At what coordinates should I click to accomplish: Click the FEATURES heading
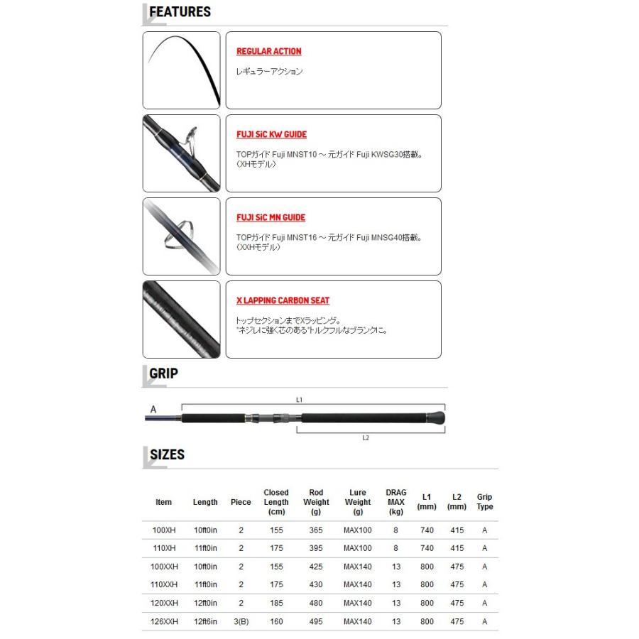click(x=180, y=12)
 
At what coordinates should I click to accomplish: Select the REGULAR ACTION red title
click(x=268, y=52)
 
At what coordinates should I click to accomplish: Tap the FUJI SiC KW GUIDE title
click(x=271, y=135)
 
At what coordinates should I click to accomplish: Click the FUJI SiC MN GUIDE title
click(x=271, y=218)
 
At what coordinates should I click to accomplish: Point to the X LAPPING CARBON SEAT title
click(x=283, y=301)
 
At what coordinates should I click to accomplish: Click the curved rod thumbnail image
click(x=181, y=70)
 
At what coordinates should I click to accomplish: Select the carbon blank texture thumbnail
click(x=181, y=319)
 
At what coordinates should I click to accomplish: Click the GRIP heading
click(x=163, y=373)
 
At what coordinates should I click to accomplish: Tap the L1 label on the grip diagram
click(x=299, y=400)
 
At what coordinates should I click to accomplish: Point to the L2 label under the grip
click(x=366, y=438)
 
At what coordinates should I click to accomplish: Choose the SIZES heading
click(x=167, y=454)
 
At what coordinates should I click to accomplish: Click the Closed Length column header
click(x=276, y=502)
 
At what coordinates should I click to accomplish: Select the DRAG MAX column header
click(x=396, y=502)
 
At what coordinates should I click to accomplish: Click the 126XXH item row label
click(x=165, y=622)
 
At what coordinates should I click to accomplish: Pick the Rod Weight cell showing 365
click(x=316, y=530)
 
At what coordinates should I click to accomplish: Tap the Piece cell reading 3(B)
click(x=241, y=622)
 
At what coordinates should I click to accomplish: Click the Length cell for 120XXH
click(x=205, y=603)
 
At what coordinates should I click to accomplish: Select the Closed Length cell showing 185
click(x=276, y=603)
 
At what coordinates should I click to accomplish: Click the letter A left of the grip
click(x=153, y=410)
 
